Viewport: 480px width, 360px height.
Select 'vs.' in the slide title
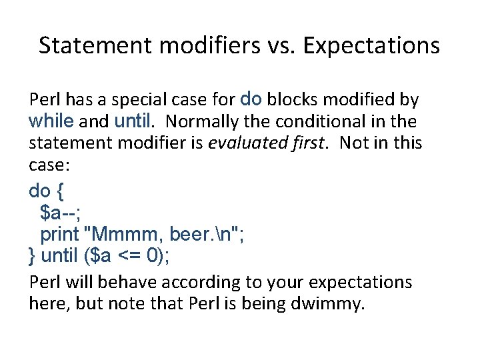click(283, 45)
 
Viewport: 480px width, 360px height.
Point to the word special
click(137, 101)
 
